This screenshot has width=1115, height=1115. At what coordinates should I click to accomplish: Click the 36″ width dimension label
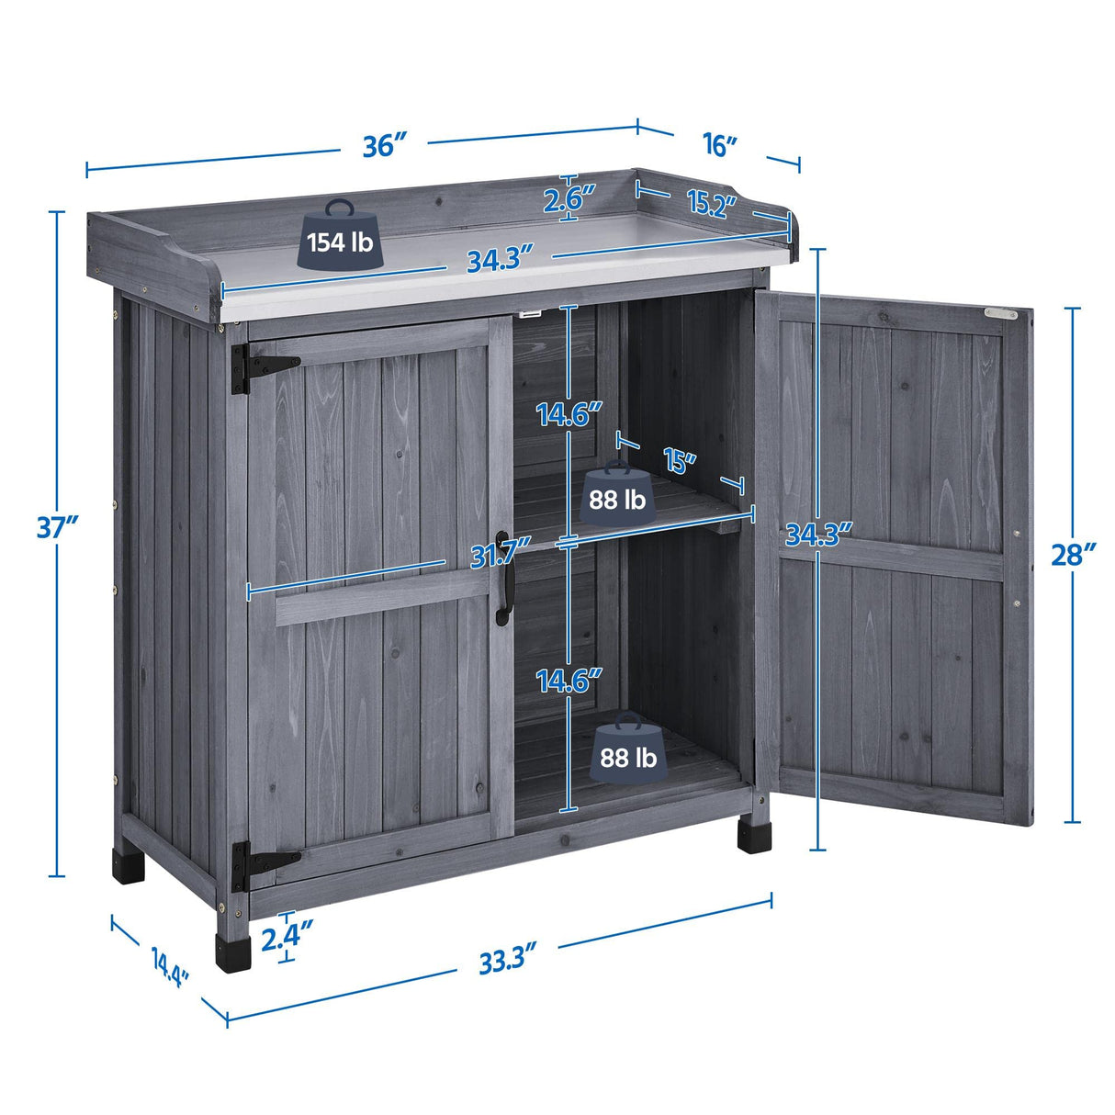[384, 145]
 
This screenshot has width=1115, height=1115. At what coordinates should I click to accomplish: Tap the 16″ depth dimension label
[720, 144]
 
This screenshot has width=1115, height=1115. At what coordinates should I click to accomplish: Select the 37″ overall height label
[57, 527]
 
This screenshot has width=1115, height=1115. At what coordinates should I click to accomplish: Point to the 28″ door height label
[1073, 556]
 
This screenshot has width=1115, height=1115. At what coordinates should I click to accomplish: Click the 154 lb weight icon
[340, 236]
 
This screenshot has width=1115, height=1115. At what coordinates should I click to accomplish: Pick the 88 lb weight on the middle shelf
[616, 494]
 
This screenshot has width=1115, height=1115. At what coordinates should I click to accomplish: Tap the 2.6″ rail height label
[569, 197]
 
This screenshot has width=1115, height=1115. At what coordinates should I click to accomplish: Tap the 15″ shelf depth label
[678, 460]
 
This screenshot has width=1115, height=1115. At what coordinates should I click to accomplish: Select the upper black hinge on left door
[262, 366]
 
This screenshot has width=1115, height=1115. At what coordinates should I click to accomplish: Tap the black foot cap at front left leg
[233, 952]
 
